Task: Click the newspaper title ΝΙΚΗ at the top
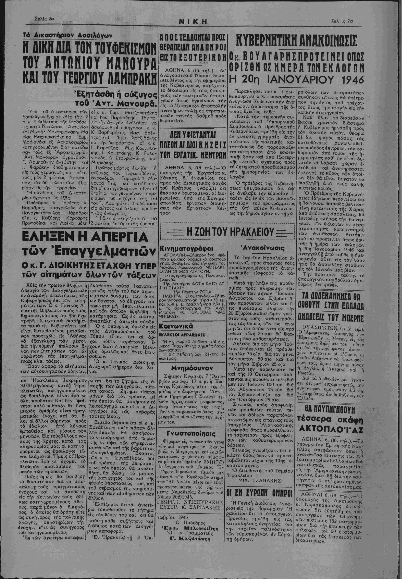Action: point(193,22)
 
